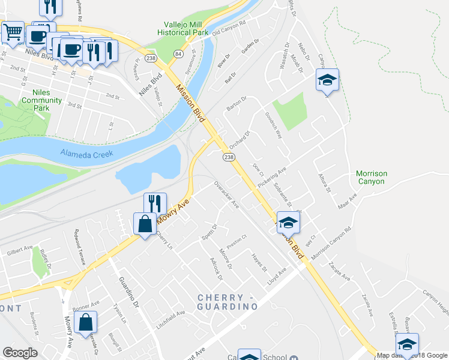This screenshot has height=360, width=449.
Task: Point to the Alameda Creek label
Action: (x=86, y=154)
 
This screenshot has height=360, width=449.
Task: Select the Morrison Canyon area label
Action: (x=372, y=177)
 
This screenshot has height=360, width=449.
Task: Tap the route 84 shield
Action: (x=178, y=54)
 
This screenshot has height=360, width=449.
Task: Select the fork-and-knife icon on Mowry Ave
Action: (x=155, y=203)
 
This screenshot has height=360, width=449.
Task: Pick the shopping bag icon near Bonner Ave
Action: (x=86, y=322)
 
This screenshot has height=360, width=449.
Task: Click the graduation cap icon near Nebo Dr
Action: (x=327, y=80)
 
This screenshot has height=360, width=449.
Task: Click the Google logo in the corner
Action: (x=20, y=352)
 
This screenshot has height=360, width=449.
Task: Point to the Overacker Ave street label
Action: (x=227, y=196)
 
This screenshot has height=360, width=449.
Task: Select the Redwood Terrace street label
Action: (x=80, y=247)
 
